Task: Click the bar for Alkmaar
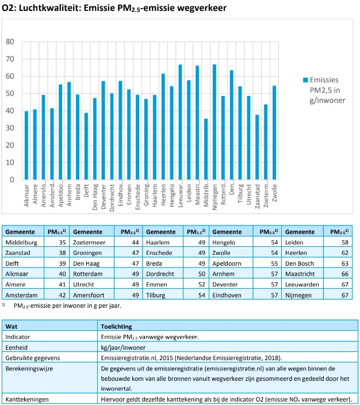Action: point(26,146)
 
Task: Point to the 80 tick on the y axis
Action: point(10,42)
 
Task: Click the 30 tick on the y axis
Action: point(10,128)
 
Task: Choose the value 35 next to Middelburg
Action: point(62,243)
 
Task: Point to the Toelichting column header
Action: point(117,326)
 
